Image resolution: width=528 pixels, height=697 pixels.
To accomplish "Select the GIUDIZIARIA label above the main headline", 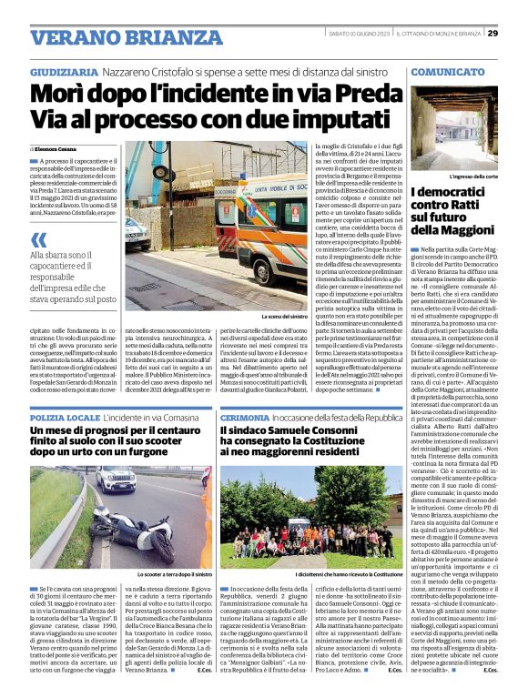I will pyautogui.click(x=64, y=71).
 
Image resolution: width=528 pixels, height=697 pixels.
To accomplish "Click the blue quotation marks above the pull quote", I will pyautogui.click(x=38, y=240).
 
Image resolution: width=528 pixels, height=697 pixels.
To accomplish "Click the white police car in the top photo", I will pyautogui.click(x=137, y=234).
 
